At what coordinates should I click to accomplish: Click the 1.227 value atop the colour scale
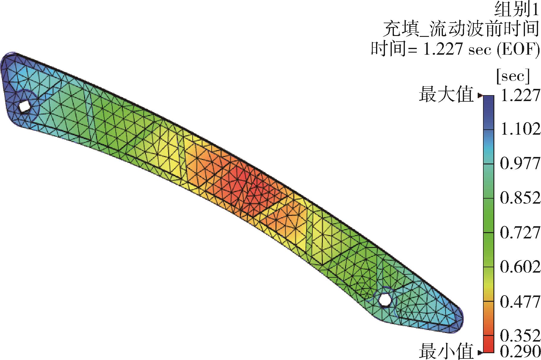coord(520,96)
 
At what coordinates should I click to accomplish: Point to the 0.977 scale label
coord(520,163)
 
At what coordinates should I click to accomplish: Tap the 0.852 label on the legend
coord(520,197)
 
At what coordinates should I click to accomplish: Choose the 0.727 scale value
coord(520,232)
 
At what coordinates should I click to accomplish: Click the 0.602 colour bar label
coord(520,266)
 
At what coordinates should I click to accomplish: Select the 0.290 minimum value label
coord(520,351)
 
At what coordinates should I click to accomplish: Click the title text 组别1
coord(516,10)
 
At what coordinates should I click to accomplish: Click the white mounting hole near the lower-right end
coord(384,300)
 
